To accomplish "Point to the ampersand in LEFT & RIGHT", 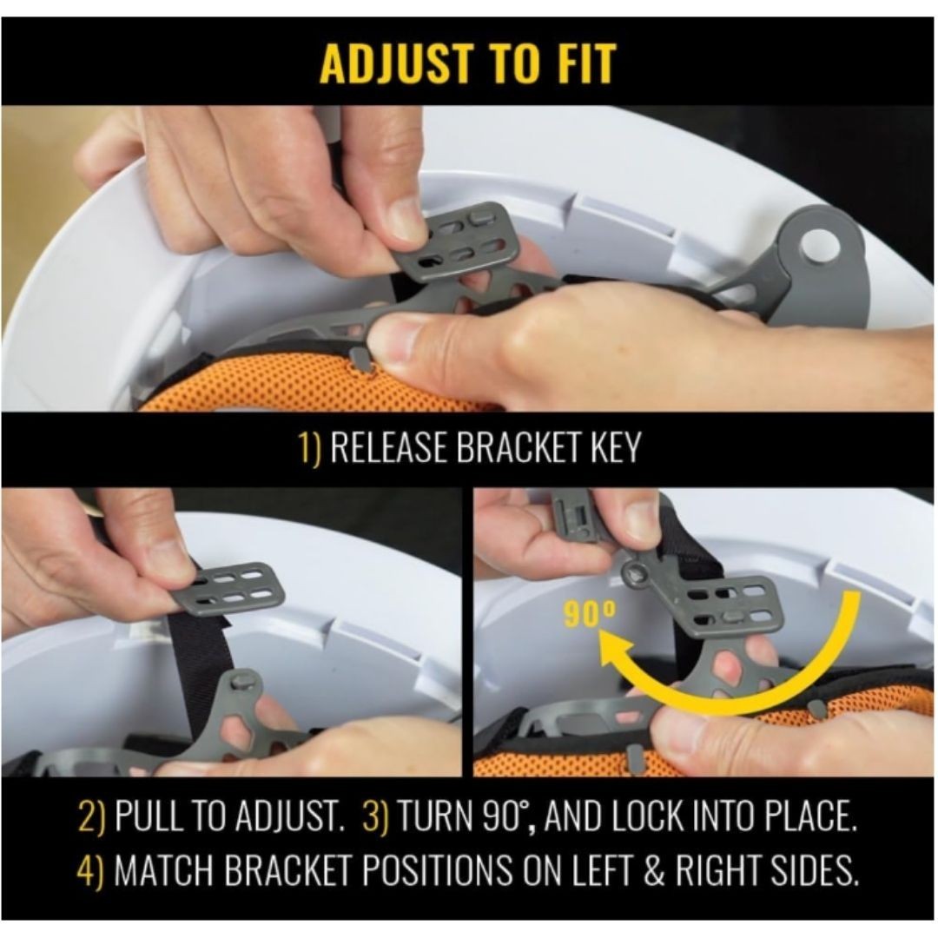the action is (x=655, y=870).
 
